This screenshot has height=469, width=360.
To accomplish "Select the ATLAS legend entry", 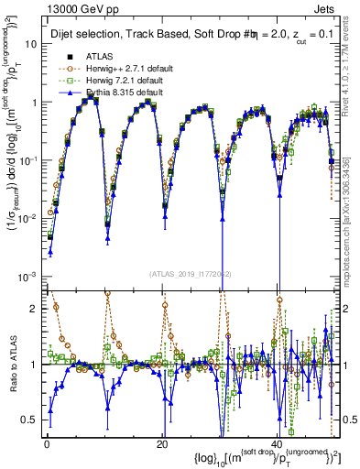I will [98, 56].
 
